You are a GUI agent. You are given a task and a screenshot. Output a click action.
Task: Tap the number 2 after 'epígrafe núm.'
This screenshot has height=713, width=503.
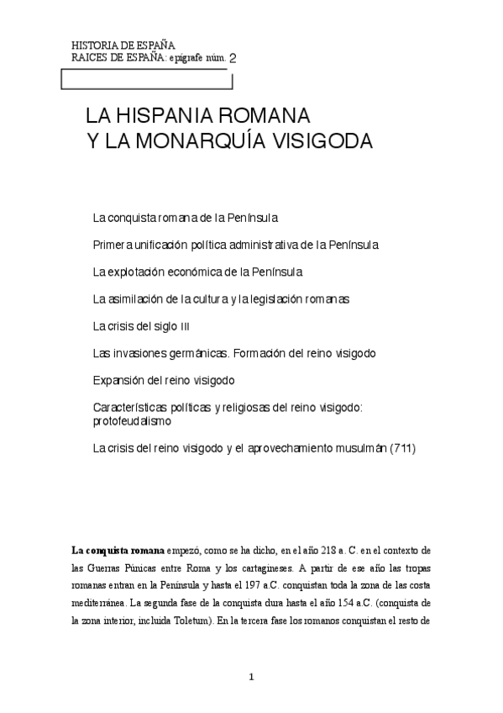tap(233, 59)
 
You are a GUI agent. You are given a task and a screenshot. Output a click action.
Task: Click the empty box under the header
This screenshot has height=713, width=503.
tap(147, 79)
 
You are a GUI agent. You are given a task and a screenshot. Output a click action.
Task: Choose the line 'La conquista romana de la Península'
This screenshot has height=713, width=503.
tap(185, 218)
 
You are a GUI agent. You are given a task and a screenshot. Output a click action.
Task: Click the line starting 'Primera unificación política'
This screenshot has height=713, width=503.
tap(236, 245)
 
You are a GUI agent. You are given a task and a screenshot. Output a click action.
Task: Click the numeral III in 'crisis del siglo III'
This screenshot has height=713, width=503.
tap(196, 326)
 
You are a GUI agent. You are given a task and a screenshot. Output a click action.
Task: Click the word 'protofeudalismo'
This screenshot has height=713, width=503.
tap(132, 420)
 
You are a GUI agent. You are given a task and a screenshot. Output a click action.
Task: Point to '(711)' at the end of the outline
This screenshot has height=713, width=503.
tap(399, 447)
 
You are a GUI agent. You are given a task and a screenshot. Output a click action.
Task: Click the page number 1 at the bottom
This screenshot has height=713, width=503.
tap(251, 678)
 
